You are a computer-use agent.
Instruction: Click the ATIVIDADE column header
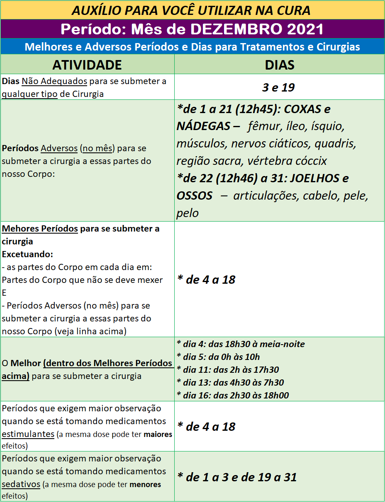(x=87, y=65)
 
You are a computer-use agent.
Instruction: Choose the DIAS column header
(x=280, y=65)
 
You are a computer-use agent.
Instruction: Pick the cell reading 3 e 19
(x=278, y=87)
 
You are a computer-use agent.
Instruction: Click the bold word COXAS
(x=302, y=109)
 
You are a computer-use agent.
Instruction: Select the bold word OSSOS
(x=195, y=195)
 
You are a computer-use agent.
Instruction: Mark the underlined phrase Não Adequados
(x=54, y=81)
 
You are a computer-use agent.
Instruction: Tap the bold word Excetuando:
(x=27, y=254)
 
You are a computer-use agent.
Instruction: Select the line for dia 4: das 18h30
(x=241, y=344)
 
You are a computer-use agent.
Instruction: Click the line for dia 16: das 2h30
(x=233, y=396)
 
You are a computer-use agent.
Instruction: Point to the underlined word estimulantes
(x=28, y=434)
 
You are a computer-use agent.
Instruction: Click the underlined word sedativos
(x=21, y=484)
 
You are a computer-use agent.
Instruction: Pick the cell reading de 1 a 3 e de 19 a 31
(x=237, y=477)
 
